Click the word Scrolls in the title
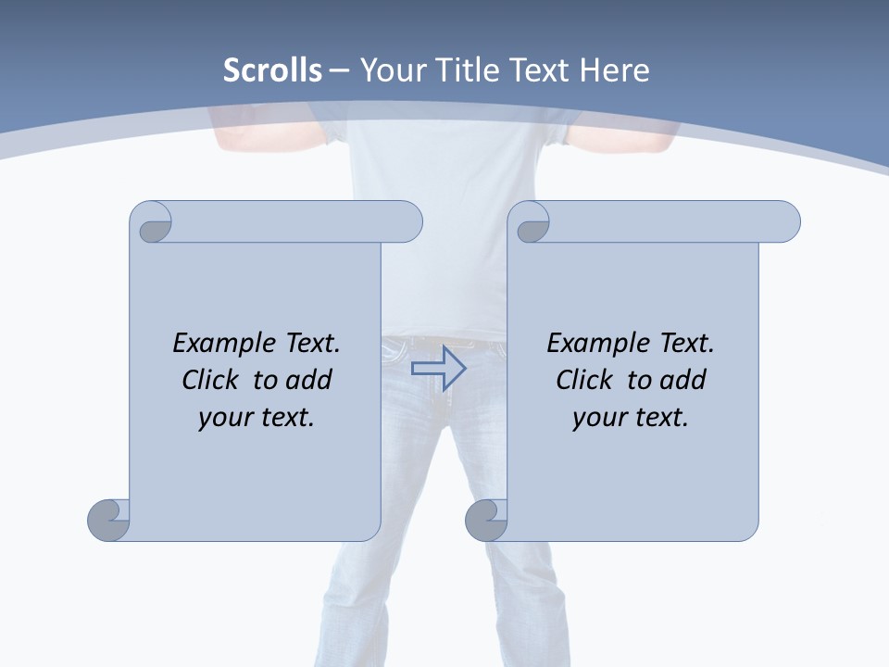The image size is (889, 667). (x=272, y=70)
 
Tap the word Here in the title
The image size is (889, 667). (x=616, y=70)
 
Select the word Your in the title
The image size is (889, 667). (x=391, y=70)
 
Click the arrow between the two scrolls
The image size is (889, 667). (x=438, y=368)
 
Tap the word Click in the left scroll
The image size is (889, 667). (x=213, y=380)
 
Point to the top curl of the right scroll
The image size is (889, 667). (x=532, y=223)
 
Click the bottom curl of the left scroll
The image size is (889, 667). (x=108, y=520)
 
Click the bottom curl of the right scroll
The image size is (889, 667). (x=486, y=520)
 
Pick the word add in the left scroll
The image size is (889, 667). (x=308, y=380)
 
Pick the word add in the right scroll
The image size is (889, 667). (x=682, y=380)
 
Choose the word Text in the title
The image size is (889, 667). (x=538, y=70)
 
